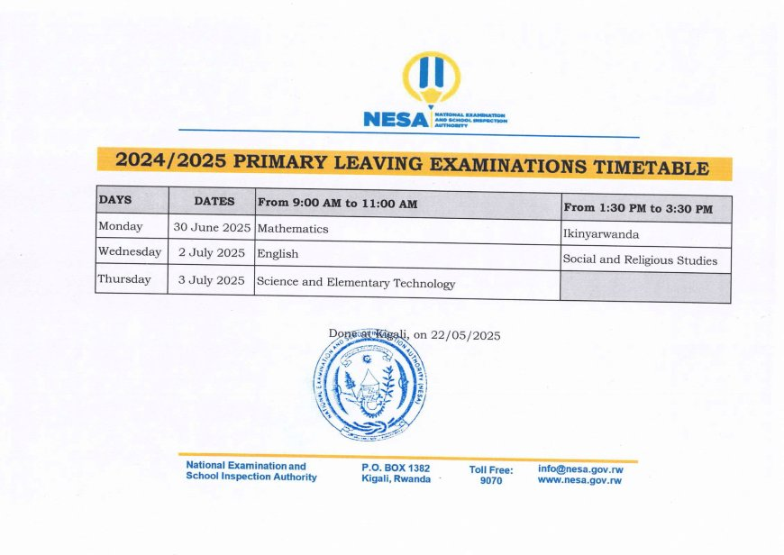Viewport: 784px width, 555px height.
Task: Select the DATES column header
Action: [214, 202]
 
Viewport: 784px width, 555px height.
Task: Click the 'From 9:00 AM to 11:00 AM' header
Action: [337, 204]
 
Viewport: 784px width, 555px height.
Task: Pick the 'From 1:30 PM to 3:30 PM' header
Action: [638, 208]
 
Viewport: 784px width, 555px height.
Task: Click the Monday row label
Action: [120, 226]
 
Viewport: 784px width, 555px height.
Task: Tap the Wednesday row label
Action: [129, 252]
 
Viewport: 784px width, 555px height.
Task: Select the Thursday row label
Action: [124, 279]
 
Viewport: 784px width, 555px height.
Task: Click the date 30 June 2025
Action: [212, 228]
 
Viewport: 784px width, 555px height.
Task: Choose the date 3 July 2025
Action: [212, 280]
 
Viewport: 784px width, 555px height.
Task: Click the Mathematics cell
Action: [293, 229]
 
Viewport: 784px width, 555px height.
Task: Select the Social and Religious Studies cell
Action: [640, 260]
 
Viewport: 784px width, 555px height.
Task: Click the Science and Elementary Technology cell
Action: [356, 283]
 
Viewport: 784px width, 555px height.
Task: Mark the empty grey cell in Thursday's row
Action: [644, 287]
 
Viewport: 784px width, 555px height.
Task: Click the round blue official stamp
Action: [370, 385]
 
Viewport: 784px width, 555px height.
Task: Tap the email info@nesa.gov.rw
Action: [580, 469]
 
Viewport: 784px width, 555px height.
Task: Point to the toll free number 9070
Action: [491, 481]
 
